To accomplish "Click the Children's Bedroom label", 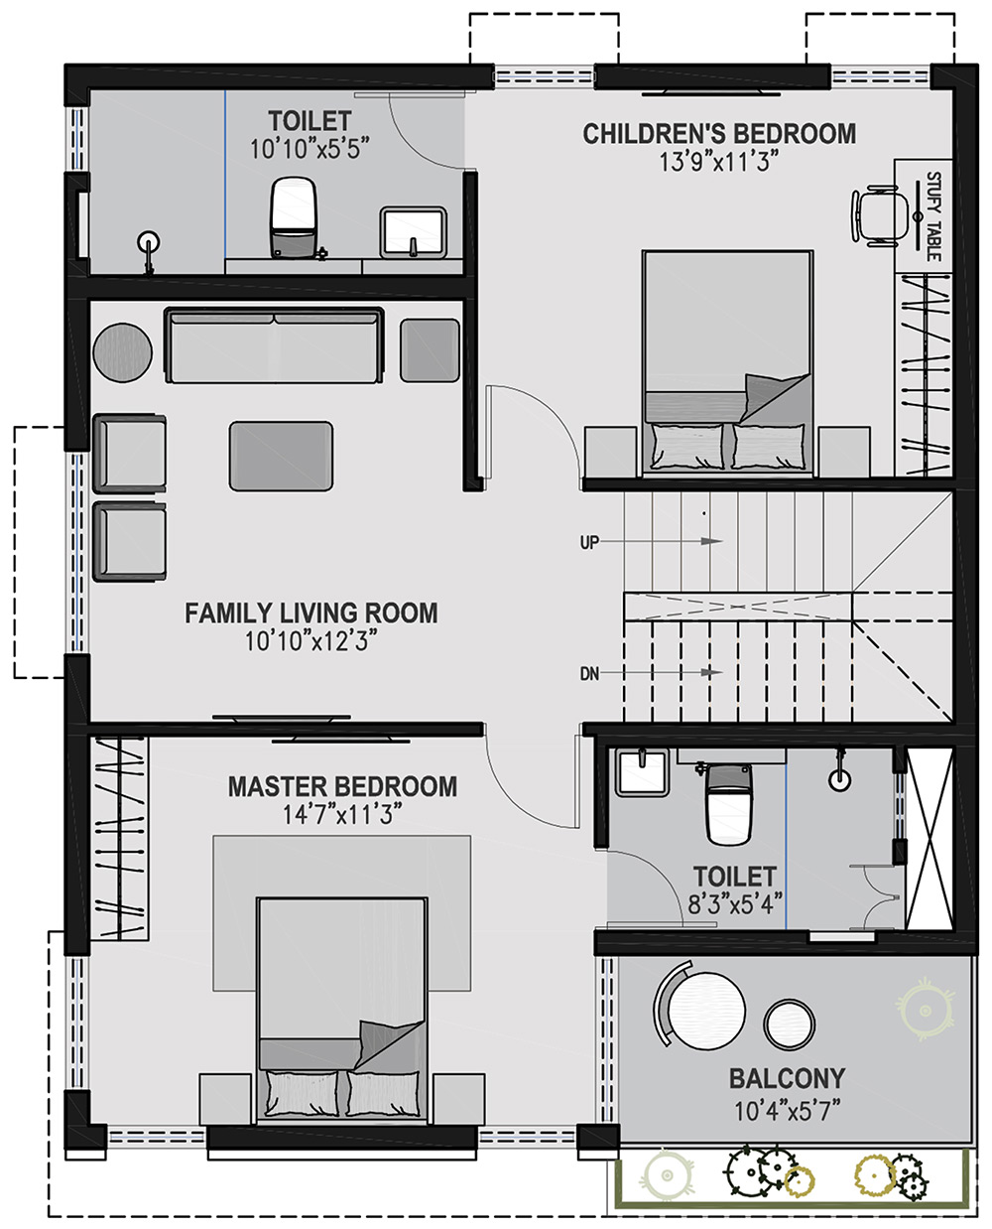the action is [x=719, y=134].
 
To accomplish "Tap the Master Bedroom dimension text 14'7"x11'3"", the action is [x=342, y=815].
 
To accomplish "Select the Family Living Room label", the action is [x=311, y=613].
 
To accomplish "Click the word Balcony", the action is [x=787, y=1079].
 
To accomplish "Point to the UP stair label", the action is [x=589, y=542].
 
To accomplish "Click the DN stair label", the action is [x=589, y=674].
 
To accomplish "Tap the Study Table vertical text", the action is [x=932, y=215].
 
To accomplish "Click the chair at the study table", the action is [x=874, y=216].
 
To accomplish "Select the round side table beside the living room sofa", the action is [x=123, y=352].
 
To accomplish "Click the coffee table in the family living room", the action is [x=281, y=456].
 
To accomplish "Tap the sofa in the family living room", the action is [x=275, y=345].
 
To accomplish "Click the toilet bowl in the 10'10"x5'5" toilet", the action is [x=294, y=217].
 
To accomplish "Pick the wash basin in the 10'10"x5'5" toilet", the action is [x=414, y=232].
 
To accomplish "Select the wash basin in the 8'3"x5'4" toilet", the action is [x=642, y=773].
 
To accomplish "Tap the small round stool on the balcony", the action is [x=789, y=1025].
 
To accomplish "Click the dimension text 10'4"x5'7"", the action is [x=787, y=1111].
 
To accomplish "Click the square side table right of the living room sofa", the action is [x=430, y=350].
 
